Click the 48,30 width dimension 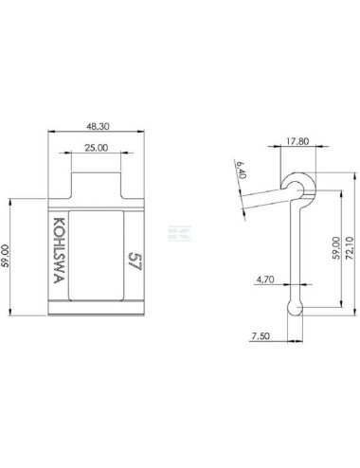point(98,126)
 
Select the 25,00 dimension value point(97,148)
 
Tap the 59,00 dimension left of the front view point(6,256)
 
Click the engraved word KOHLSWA point(59,250)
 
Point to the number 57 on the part point(135,261)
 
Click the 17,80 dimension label point(297,141)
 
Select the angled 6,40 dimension point(242,170)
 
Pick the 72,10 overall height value point(350,248)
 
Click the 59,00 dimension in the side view point(336,248)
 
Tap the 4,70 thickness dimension point(265,279)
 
